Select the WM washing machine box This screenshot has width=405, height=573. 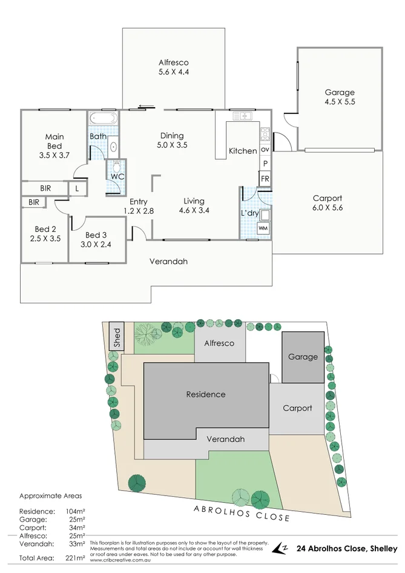coord(263,228)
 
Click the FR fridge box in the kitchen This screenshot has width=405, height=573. coord(265,179)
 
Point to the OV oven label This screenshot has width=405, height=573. coord(265,150)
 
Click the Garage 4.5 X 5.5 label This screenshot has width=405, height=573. coord(340,98)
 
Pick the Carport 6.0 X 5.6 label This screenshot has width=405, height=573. coord(327,202)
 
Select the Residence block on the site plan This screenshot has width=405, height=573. coord(205,394)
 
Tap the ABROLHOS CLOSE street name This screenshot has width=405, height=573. coord(242,513)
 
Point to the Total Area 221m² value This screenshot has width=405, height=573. coord(75,558)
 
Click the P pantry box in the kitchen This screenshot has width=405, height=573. coord(265,164)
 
